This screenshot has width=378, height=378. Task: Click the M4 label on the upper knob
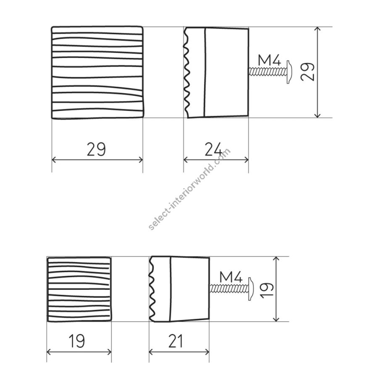[269, 60]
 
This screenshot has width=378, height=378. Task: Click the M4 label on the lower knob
[231, 277]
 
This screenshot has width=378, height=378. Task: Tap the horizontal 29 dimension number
[96, 149]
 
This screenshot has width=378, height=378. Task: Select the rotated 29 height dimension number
[307, 71]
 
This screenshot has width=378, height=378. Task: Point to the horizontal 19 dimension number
[77, 341]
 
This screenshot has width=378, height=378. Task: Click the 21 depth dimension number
[176, 341]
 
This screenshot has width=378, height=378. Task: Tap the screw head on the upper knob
[289, 71]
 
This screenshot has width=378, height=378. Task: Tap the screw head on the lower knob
[251, 289]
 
